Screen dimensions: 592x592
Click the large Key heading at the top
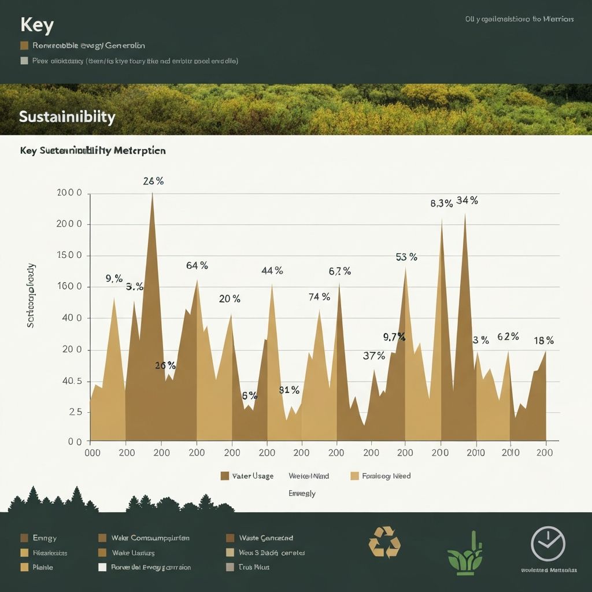[x=37, y=25]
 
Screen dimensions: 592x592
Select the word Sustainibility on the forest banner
[x=67, y=117]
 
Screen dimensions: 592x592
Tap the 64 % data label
[x=197, y=265]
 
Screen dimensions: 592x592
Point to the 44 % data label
[x=272, y=271]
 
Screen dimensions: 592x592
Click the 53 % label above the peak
[x=406, y=257]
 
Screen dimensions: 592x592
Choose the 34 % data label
[x=467, y=201]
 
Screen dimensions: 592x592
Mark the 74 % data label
[x=319, y=297]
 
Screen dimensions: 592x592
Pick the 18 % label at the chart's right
[x=543, y=341]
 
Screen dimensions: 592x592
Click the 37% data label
[x=373, y=356]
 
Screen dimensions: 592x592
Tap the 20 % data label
[x=230, y=299]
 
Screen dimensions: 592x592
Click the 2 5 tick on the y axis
[x=75, y=412]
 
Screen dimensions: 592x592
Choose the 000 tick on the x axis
[x=92, y=453]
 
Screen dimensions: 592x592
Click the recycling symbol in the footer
[x=384, y=542]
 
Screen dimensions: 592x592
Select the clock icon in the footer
[x=547, y=543]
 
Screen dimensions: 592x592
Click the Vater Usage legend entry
[x=247, y=476]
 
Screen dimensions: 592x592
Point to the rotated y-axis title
[x=31, y=295]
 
